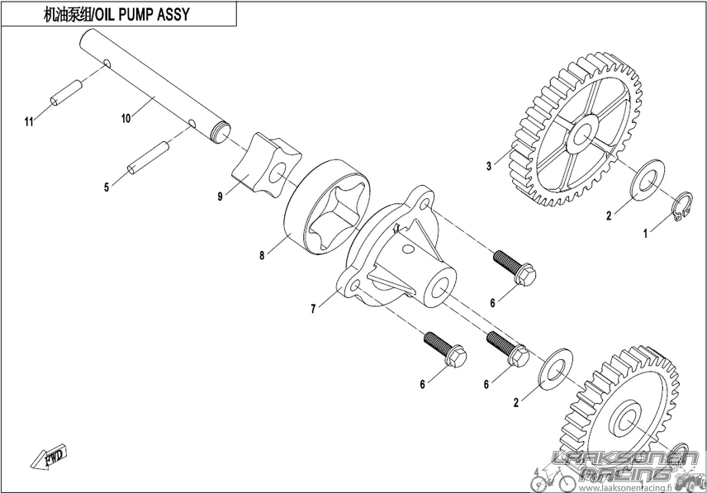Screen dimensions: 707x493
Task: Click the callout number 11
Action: pos(29,121)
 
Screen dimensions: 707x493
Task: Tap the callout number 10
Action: pos(126,118)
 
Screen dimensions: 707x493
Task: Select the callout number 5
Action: pos(107,187)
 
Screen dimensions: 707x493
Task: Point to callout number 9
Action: pos(220,197)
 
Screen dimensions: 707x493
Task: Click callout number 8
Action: pos(262,255)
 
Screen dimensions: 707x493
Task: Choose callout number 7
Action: pos(313,309)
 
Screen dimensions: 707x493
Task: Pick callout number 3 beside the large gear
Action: pos(489,166)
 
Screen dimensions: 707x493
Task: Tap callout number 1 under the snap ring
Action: pos(645,234)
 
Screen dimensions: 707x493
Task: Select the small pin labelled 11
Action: pos(66,92)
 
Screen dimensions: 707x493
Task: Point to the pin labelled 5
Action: pos(148,158)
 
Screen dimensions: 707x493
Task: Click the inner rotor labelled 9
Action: pos(267,165)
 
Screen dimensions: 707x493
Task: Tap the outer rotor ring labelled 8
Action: pos(328,205)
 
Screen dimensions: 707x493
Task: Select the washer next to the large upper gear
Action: pos(648,179)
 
